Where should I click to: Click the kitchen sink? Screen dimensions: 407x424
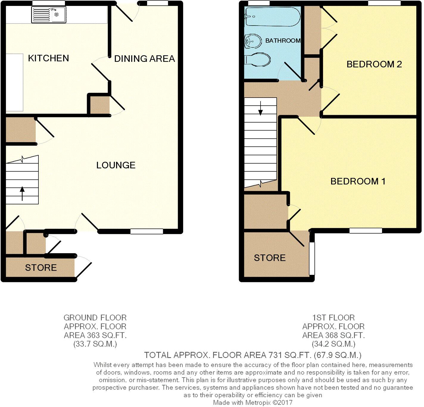(x=49, y=15)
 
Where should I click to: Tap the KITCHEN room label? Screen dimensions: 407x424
(x=49, y=58)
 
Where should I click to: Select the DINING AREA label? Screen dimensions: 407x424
(x=144, y=59)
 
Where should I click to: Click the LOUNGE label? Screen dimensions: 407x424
(x=116, y=165)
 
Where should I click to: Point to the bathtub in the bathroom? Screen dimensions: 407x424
(x=272, y=17)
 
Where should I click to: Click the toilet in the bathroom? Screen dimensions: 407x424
(x=258, y=60)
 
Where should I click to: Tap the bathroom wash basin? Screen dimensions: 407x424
(x=251, y=41)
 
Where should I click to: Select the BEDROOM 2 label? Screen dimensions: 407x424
(x=374, y=64)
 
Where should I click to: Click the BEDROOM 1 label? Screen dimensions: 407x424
(x=358, y=181)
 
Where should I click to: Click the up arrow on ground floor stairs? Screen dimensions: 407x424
(x=22, y=193)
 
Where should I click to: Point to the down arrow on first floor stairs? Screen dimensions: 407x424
(x=261, y=109)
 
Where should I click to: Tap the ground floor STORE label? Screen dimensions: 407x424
(x=41, y=268)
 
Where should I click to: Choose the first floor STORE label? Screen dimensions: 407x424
(x=270, y=258)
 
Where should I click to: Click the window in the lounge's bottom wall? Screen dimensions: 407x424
(x=146, y=231)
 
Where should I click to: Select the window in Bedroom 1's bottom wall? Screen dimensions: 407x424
(x=366, y=231)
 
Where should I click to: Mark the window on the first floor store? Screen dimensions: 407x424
(x=312, y=258)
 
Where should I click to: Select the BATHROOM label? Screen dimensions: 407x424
(x=283, y=41)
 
